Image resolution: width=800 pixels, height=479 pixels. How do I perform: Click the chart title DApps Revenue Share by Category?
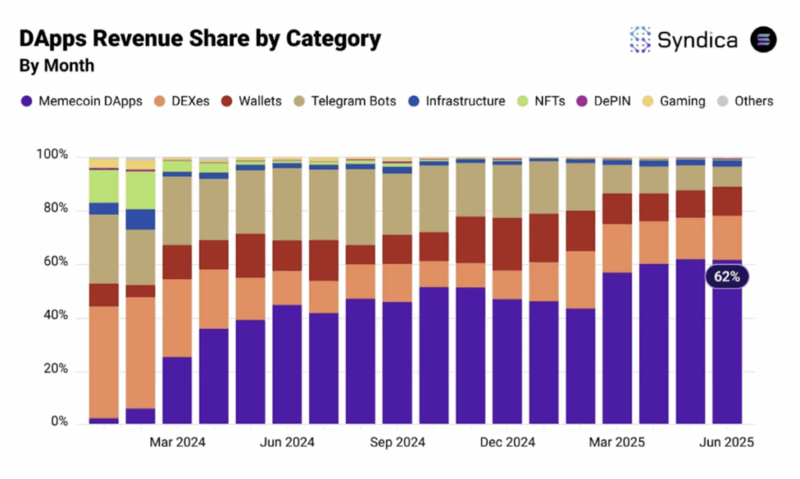(200, 38)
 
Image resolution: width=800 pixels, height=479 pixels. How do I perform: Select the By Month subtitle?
(56, 66)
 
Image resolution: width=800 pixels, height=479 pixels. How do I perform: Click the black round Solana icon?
(763, 40)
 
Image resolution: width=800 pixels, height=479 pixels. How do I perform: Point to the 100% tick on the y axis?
(52, 156)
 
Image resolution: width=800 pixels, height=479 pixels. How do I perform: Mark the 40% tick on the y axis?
(55, 317)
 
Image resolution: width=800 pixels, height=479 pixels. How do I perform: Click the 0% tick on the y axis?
(59, 423)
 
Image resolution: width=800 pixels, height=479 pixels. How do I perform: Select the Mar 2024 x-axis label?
(177, 443)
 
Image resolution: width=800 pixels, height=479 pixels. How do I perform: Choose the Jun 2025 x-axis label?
(726, 443)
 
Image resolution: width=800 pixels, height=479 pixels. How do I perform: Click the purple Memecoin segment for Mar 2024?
(177, 390)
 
